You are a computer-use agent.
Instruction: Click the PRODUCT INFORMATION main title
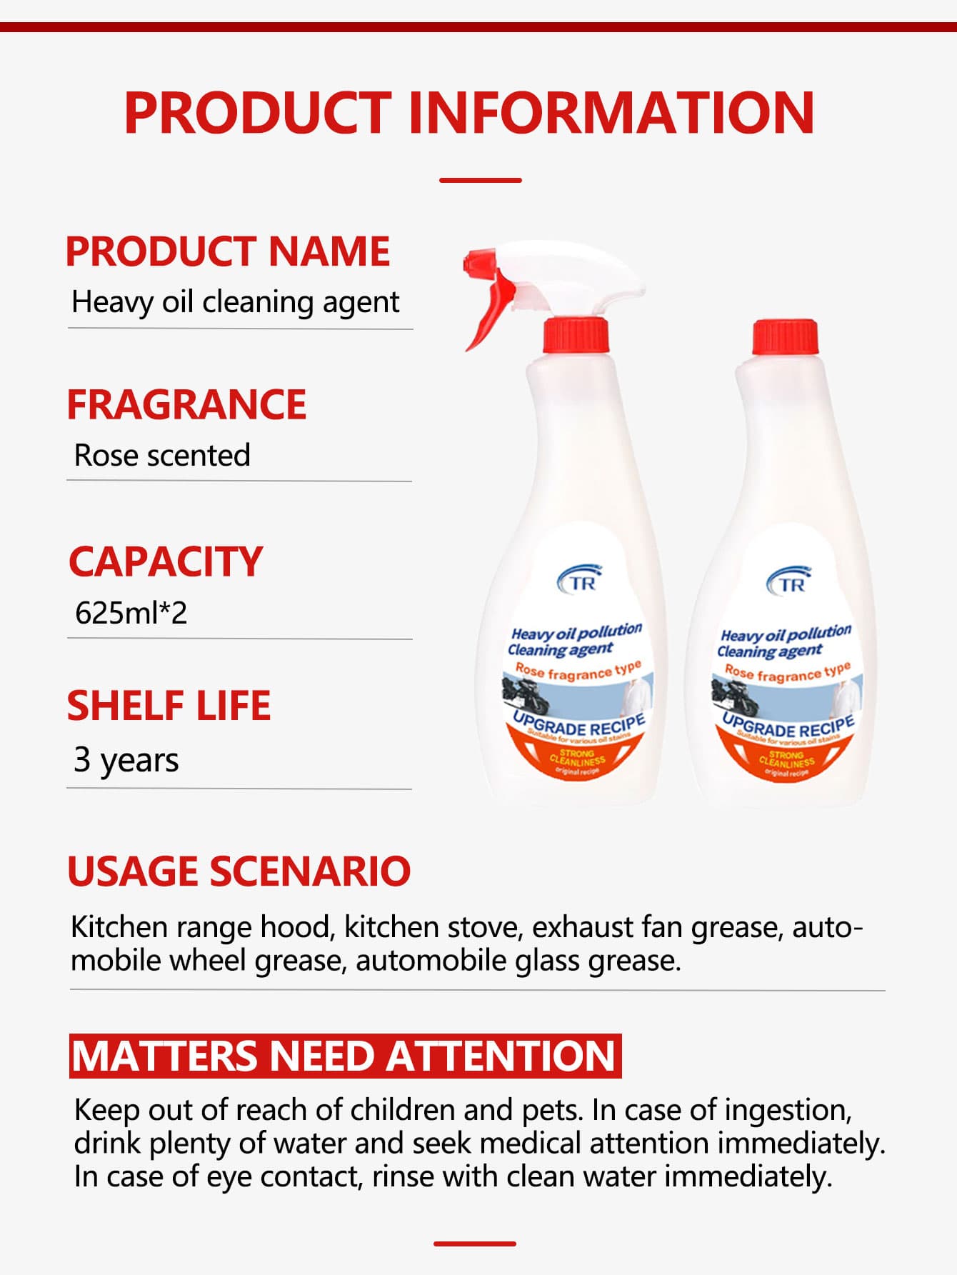pyautogui.click(x=469, y=112)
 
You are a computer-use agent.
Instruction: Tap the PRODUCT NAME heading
pyautogui.click(x=228, y=251)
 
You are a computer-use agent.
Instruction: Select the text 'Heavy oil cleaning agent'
pyautogui.click(x=235, y=301)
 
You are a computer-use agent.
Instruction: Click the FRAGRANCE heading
pyautogui.click(x=186, y=404)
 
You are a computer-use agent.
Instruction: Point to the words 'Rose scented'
pyautogui.click(x=162, y=455)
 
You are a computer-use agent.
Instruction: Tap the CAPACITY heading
pyautogui.click(x=166, y=561)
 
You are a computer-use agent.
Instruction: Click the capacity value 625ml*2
pyautogui.click(x=131, y=613)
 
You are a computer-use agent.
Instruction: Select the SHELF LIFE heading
pyautogui.click(x=169, y=706)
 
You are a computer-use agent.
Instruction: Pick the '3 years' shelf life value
pyautogui.click(x=126, y=760)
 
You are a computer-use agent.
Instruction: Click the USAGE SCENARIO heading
pyautogui.click(x=239, y=871)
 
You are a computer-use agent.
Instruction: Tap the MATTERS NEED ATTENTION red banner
pyautogui.click(x=345, y=1056)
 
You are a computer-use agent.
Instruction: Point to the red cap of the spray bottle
pyautogui.click(x=575, y=336)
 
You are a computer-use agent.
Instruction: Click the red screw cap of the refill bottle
pyautogui.click(x=784, y=337)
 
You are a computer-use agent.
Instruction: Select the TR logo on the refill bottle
pyautogui.click(x=790, y=581)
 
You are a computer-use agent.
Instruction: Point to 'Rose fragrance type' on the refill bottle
pyautogui.click(x=788, y=673)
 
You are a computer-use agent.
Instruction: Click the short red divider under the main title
pyautogui.click(x=480, y=180)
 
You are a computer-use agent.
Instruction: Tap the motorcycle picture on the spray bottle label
pyautogui.click(x=526, y=697)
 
